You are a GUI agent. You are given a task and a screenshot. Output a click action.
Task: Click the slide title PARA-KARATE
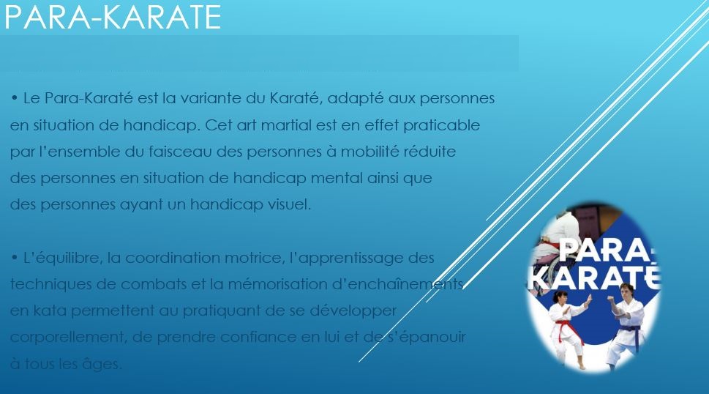pos(113,17)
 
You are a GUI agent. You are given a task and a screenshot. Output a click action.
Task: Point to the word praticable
pos(441,125)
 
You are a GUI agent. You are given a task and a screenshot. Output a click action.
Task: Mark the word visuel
pos(290,204)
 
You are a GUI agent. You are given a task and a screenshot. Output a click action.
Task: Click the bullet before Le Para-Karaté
pos(15,97)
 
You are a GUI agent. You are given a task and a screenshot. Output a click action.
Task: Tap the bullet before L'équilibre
pos(15,257)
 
